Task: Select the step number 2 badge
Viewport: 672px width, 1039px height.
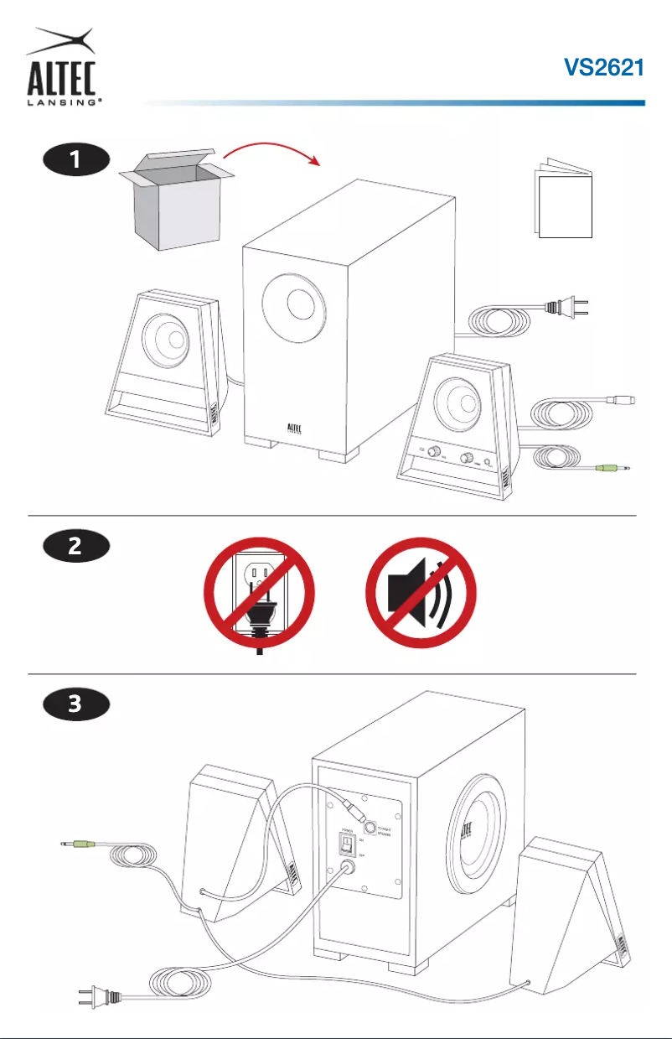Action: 76,547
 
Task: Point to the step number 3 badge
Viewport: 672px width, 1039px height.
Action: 76,704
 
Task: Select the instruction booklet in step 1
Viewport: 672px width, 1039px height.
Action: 563,201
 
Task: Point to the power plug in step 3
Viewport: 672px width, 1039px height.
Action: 99,998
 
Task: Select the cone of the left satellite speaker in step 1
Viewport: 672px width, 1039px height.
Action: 167,340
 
